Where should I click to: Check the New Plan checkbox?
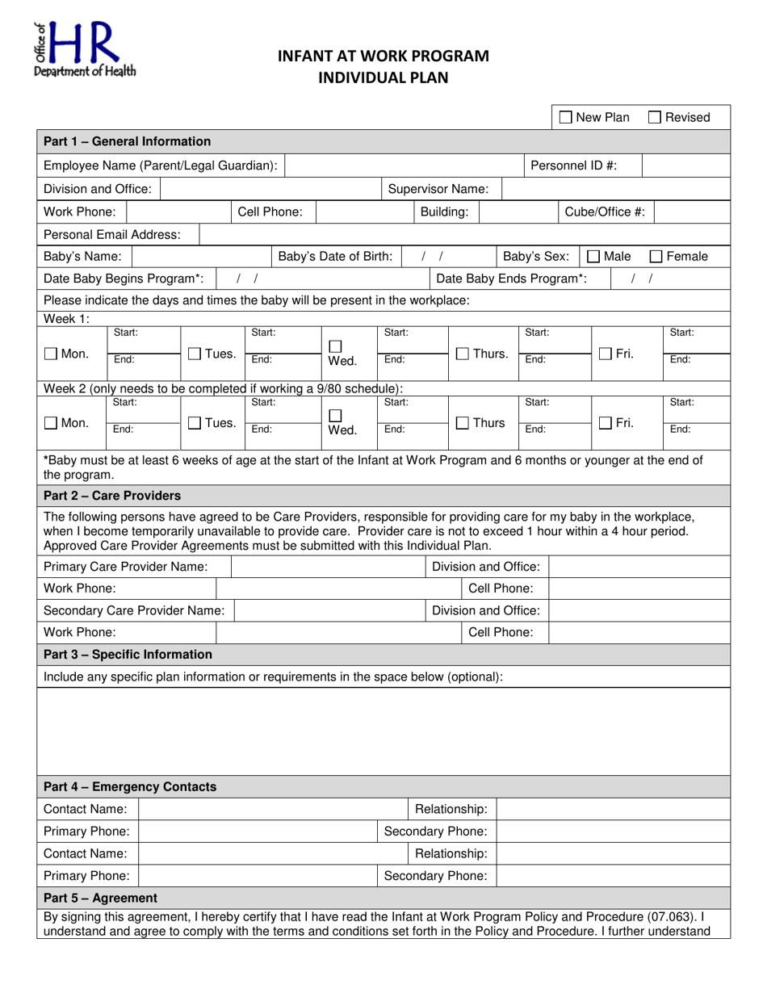(x=567, y=118)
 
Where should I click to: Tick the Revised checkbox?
(x=656, y=118)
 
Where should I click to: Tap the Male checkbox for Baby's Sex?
(x=593, y=257)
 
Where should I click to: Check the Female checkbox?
(x=657, y=257)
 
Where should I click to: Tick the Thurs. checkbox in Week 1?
(x=463, y=354)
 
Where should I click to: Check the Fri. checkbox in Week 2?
(x=606, y=422)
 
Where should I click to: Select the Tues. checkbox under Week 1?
(x=195, y=354)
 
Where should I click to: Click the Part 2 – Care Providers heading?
(x=112, y=495)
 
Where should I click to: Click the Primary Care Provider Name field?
(x=328, y=567)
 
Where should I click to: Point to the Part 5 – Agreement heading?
(x=100, y=898)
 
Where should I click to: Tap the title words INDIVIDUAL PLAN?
(x=383, y=78)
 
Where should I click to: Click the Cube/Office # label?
(x=605, y=212)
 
